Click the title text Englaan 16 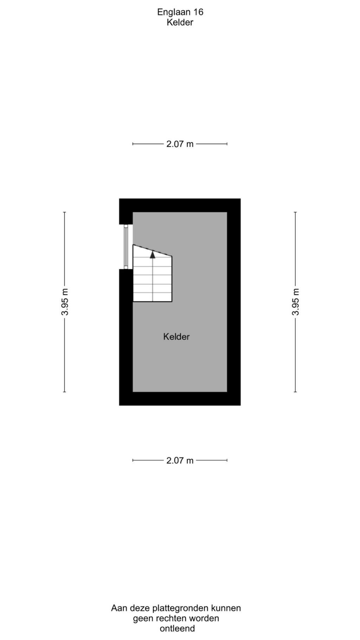(x=180, y=12)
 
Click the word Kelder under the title (x=180, y=23)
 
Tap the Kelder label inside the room (x=176, y=337)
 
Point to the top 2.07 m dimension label (x=180, y=144)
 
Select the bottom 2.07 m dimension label (x=180, y=460)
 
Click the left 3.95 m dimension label (x=64, y=302)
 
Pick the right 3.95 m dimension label (x=295, y=302)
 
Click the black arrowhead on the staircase (x=153, y=254)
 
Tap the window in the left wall (x=126, y=247)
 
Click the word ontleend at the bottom (x=177, y=628)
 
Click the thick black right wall (x=234, y=302)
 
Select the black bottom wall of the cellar (x=180, y=399)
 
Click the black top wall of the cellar (x=180, y=205)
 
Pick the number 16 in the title (x=199, y=12)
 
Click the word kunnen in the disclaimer (x=226, y=608)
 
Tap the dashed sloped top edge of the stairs (x=152, y=251)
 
